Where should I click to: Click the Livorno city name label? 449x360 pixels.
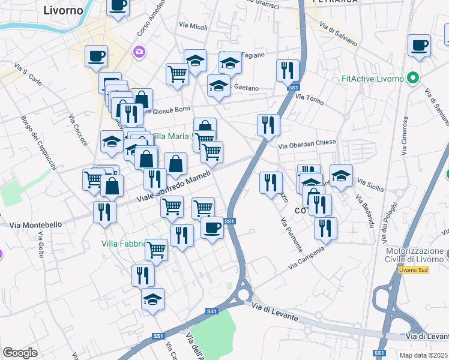[x=64, y=10]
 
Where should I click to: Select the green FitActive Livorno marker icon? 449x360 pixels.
[x=412, y=79]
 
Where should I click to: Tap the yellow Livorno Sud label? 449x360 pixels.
[x=414, y=269]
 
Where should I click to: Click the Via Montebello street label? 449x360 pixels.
[x=36, y=225]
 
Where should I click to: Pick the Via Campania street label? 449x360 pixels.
[x=310, y=257]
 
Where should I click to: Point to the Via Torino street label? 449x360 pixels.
[x=310, y=98]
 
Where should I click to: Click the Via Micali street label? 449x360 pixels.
[x=193, y=26]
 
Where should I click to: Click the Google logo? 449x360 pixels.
[x=20, y=353]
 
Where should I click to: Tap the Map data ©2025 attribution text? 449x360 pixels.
[x=423, y=355]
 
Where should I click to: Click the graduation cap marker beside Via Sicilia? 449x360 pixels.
[x=341, y=176]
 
